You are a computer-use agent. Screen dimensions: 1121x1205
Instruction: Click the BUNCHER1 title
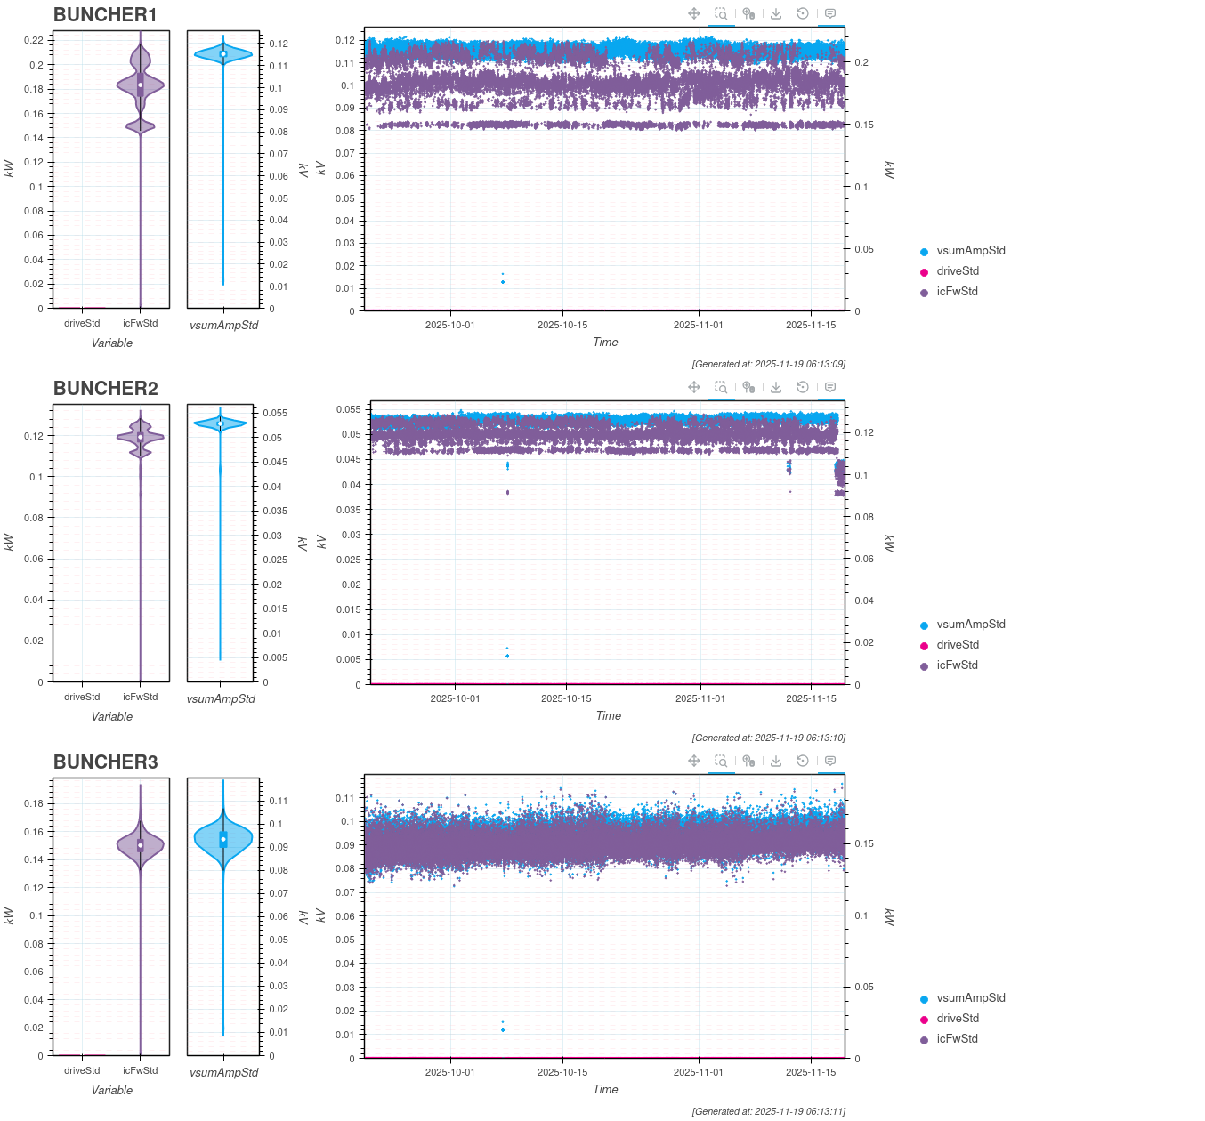click(x=105, y=15)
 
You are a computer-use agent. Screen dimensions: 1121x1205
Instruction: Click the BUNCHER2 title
click(x=105, y=389)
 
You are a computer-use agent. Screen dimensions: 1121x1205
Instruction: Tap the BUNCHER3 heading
click(x=105, y=762)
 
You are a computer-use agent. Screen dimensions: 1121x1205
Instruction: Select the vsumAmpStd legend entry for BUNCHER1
click(x=970, y=251)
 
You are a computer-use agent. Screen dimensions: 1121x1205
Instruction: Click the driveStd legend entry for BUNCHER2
click(x=957, y=645)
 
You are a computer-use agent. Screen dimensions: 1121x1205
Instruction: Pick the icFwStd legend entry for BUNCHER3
click(x=957, y=1039)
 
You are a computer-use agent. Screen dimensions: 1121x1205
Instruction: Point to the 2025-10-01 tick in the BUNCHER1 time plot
click(x=450, y=325)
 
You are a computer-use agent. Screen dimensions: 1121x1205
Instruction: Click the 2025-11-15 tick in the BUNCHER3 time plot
click(x=811, y=1072)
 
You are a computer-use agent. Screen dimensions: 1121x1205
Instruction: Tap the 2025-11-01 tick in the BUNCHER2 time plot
click(x=700, y=698)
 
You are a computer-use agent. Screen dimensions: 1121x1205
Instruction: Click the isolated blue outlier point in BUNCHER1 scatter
click(x=503, y=282)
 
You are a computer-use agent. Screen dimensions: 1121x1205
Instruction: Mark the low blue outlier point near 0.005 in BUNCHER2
click(x=507, y=657)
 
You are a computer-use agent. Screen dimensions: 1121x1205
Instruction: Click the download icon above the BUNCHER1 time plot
click(x=776, y=13)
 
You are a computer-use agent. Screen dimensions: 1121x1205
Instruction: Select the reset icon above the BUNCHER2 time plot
click(x=803, y=387)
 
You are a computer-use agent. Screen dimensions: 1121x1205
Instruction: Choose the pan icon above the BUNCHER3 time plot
click(x=694, y=761)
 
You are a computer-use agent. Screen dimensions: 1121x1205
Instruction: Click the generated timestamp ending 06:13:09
click(x=769, y=364)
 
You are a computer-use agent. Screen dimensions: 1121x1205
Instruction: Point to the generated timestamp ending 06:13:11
click(x=769, y=1111)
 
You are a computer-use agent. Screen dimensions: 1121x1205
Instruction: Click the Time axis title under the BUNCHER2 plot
click(x=609, y=716)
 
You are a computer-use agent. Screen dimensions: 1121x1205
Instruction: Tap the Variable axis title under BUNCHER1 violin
click(x=112, y=343)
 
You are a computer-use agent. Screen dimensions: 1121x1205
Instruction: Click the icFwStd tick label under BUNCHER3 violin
click(x=141, y=1070)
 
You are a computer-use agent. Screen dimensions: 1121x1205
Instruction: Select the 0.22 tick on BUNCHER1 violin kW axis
click(x=34, y=40)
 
